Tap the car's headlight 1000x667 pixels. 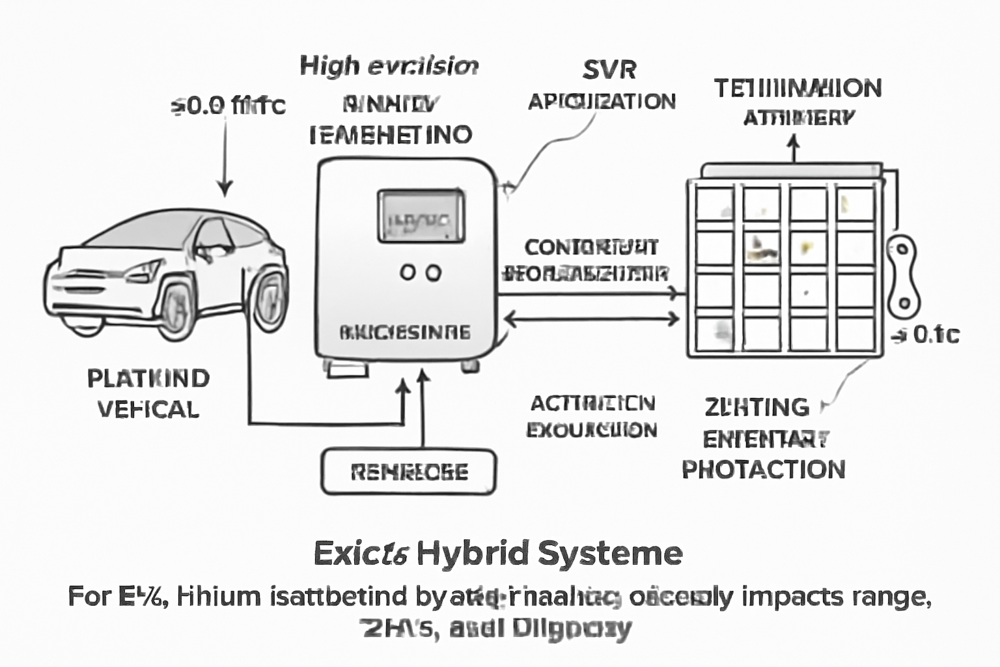pyautogui.click(x=145, y=270)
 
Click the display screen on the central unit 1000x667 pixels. pyautogui.click(x=421, y=216)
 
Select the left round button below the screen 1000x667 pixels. pyautogui.click(x=408, y=272)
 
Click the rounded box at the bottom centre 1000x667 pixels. pyautogui.click(x=408, y=472)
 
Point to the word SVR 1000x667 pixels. pyautogui.click(x=609, y=70)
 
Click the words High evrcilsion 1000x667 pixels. pyautogui.click(x=389, y=66)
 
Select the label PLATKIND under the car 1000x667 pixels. pyautogui.click(x=148, y=378)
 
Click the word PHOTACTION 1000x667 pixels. pyautogui.click(x=764, y=469)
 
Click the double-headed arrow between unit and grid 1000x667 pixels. pyautogui.click(x=592, y=319)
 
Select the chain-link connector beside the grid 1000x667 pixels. pyautogui.click(x=903, y=275)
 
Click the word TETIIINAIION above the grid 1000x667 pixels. pyautogui.click(x=798, y=89)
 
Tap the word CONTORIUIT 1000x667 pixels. pyautogui.click(x=591, y=248)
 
